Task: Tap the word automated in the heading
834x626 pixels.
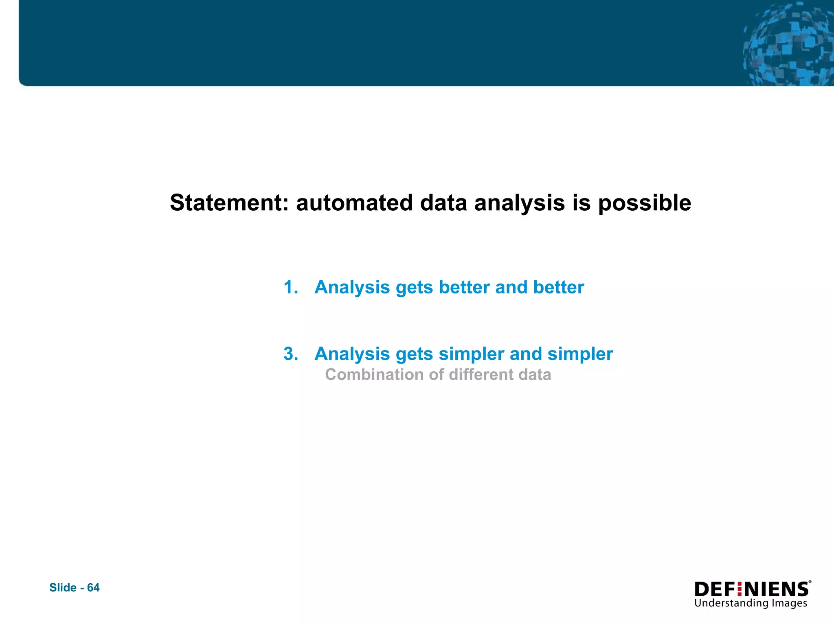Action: click(354, 203)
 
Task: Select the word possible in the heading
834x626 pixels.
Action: click(644, 203)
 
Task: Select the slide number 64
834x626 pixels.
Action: click(93, 588)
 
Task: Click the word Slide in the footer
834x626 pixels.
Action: click(63, 588)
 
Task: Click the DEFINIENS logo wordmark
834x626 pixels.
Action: click(751, 589)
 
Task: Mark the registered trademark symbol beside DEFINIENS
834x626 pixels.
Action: click(810, 582)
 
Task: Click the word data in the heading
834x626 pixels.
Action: click(443, 203)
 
